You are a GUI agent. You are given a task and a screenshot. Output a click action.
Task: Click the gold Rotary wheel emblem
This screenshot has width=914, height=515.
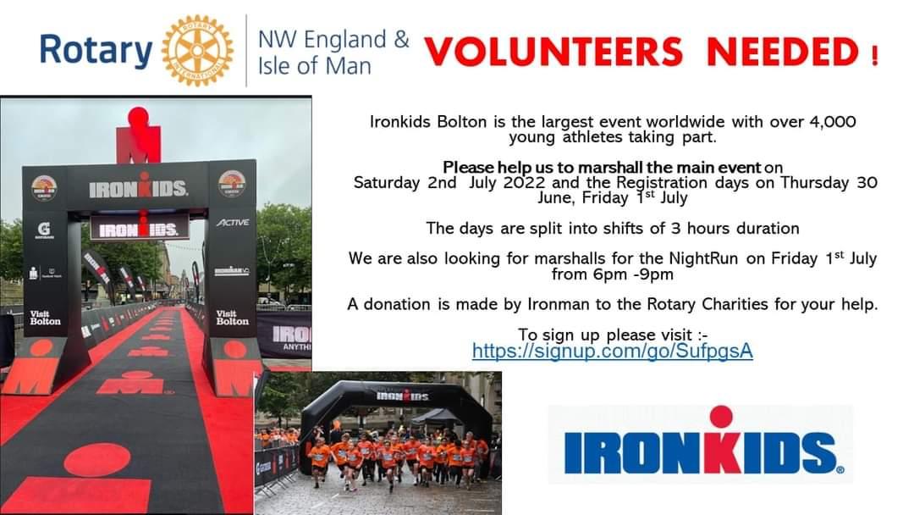point(197,51)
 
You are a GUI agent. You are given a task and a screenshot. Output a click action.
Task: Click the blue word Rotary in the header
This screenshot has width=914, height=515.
point(96,51)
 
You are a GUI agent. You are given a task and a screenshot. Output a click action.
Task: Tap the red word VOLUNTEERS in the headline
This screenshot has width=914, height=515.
point(553,52)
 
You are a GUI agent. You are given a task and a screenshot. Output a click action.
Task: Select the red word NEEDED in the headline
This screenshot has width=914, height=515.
point(783,52)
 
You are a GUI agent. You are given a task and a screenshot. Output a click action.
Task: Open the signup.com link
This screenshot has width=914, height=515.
point(613,352)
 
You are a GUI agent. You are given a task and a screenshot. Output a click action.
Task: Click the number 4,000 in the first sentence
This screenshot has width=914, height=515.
point(833,122)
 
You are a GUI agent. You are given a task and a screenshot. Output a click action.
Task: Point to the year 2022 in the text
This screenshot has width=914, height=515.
point(525,183)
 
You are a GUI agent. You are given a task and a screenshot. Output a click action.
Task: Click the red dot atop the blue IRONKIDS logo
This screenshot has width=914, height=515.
point(721,417)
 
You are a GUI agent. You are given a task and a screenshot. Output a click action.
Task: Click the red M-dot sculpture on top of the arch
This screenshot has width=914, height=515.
point(139,135)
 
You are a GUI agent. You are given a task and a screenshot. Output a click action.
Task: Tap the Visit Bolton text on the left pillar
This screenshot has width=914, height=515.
point(45,318)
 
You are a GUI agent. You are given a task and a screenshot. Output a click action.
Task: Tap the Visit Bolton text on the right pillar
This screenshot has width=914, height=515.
point(232,318)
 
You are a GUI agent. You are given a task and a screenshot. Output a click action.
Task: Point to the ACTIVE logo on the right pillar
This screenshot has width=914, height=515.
point(233,222)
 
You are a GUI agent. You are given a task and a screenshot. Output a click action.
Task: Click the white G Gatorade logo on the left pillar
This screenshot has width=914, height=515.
point(44,230)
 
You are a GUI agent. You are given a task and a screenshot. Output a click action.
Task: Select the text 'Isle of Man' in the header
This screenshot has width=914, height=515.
point(314,66)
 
